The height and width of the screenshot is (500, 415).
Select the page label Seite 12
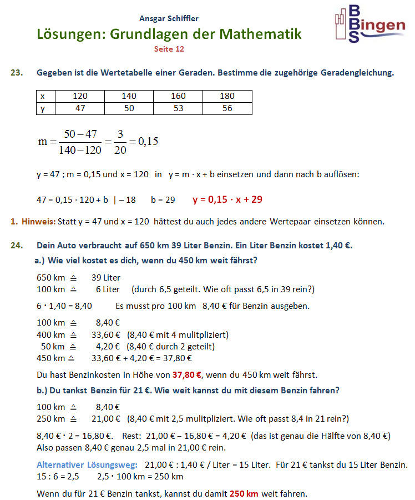coord(169,49)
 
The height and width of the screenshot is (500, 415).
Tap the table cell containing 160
coord(178,96)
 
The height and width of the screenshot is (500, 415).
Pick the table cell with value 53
coord(178,108)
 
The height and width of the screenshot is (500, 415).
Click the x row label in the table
coord(43,96)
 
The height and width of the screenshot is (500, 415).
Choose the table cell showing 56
coord(227,108)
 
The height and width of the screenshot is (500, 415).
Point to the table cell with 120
coord(80,96)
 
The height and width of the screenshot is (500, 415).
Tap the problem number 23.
coord(17,72)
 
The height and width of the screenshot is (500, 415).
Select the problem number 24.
coord(17,245)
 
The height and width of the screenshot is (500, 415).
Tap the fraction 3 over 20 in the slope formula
coord(119,141)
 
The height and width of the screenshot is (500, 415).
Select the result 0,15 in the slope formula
coord(148,141)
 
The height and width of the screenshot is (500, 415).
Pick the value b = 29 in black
coord(163,199)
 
